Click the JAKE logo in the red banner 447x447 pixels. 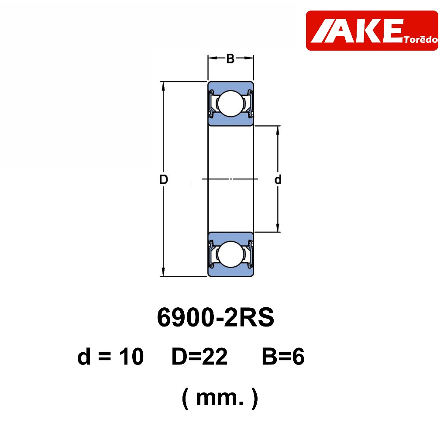[372, 31]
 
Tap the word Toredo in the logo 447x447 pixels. [421, 39]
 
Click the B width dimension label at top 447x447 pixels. [230, 59]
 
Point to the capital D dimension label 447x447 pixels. [164, 179]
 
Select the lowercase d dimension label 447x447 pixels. [278, 179]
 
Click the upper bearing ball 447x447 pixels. [230, 103]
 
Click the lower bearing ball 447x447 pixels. [230, 254]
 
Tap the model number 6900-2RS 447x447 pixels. [216, 317]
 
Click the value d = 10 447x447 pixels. [110, 356]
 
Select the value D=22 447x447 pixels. [199, 356]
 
